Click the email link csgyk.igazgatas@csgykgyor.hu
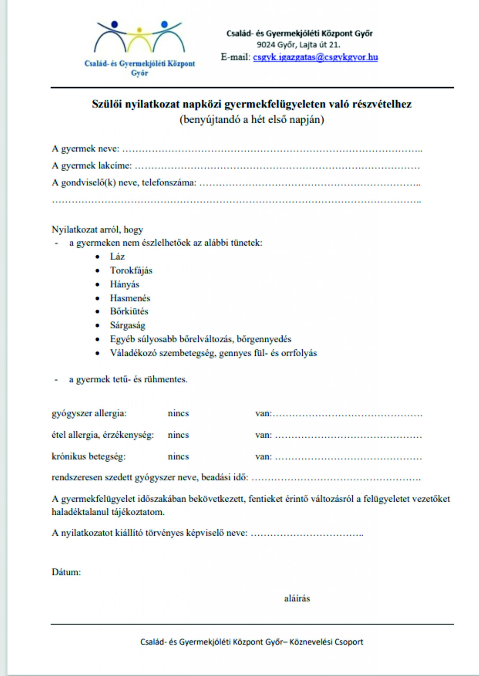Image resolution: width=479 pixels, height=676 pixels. click(x=315, y=57)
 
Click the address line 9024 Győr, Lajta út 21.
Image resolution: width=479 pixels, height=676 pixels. click(x=298, y=45)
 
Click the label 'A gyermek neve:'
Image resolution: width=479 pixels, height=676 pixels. click(x=86, y=148)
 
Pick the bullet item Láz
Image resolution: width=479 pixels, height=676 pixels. click(x=117, y=256)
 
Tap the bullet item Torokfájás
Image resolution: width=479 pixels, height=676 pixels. click(x=131, y=270)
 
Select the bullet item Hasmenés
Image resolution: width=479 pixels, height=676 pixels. click(x=130, y=298)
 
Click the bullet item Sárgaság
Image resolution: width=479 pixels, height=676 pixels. click(x=128, y=325)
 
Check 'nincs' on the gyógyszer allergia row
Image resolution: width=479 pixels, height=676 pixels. click(x=178, y=413)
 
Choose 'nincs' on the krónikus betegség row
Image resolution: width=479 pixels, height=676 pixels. click(x=178, y=457)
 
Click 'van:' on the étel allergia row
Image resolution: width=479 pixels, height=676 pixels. click(x=263, y=435)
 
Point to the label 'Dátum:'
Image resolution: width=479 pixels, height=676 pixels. click(x=66, y=572)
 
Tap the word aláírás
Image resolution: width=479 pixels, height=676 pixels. click(x=297, y=598)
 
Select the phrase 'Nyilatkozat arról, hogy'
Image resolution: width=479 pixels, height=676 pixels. click(x=97, y=229)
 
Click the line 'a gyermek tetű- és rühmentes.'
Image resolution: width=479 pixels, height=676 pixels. click(x=128, y=379)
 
